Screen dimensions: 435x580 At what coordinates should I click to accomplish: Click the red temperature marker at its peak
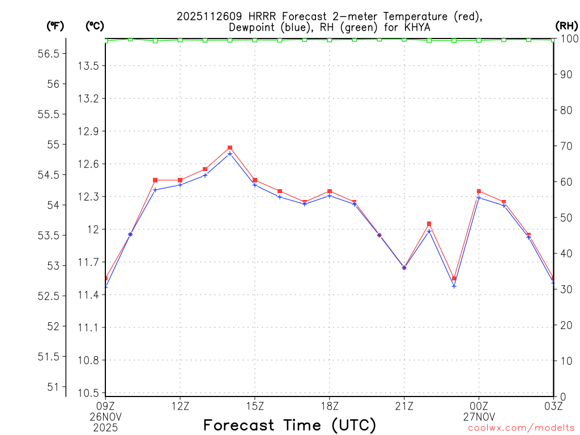[230, 147]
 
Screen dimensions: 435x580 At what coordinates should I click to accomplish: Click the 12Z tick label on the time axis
[180, 406]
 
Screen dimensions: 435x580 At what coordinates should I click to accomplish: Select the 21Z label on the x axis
[404, 406]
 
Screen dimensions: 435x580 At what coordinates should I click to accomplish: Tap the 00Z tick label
[479, 406]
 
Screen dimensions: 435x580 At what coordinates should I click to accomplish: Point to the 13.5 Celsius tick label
[88, 66]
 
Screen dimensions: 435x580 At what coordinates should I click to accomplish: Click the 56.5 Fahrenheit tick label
[48, 53]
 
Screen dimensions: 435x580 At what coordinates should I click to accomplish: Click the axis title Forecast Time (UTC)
[289, 425]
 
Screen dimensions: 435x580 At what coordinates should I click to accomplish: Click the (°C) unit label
[95, 25]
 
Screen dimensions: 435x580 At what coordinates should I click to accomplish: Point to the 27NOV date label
[479, 415]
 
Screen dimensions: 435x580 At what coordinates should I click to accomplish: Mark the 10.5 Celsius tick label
[88, 393]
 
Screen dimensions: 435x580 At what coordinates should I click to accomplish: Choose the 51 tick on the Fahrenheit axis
[53, 387]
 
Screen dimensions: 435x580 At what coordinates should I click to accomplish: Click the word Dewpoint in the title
[252, 27]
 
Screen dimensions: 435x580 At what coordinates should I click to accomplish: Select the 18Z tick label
[329, 406]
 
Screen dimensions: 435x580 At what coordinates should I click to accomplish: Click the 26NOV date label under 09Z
[106, 415]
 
